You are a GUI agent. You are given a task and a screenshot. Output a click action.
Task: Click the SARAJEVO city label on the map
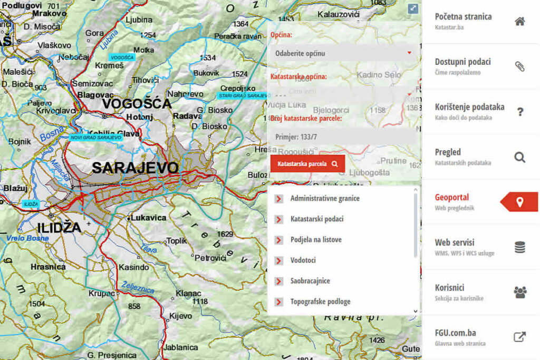[x=136, y=168]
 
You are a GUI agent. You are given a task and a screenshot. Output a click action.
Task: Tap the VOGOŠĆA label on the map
[x=137, y=103]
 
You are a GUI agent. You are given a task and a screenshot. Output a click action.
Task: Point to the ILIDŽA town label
[x=59, y=228]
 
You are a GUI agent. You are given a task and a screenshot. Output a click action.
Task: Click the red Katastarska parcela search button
[x=307, y=163]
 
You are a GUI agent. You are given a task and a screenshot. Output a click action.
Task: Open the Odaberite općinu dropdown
[x=343, y=53]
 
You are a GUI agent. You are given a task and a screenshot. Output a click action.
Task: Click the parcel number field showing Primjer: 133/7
[x=343, y=137]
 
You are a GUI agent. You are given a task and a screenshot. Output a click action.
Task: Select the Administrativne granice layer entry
[x=324, y=199]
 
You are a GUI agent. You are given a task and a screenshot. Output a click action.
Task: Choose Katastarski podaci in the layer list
[x=316, y=219]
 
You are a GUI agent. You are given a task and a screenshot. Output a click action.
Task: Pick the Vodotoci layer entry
[x=303, y=260]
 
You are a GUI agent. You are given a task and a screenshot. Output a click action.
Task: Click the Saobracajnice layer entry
[x=310, y=281]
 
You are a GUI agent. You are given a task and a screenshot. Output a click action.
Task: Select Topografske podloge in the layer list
[x=320, y=302]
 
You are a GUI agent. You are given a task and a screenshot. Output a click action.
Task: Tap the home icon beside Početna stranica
[x=520, y=22]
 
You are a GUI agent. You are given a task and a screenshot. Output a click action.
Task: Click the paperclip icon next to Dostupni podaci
[x=520, y=66]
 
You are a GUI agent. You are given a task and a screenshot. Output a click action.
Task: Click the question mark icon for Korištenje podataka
[x=520, y=112]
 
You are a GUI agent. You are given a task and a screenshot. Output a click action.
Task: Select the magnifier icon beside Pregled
[x=520, y=157]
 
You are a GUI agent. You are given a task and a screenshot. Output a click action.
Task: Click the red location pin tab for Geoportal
[x=519, y=202]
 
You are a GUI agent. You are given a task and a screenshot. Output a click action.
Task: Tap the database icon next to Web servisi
[x=520, y=247]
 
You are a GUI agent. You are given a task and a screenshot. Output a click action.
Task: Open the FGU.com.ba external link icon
[x=520, y=337]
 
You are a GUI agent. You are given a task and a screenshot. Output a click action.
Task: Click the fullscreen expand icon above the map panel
[x=413, y=9]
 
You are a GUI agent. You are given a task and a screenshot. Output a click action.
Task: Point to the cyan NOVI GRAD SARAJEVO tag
[x=95, y=137]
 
